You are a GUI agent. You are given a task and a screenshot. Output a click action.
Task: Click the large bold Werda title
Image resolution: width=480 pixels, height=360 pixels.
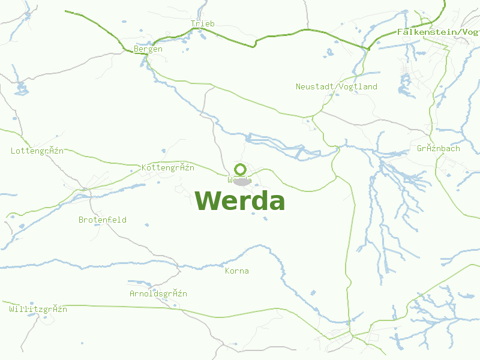point(240,201)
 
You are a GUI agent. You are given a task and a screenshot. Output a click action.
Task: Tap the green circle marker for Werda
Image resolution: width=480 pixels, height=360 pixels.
point(240,169)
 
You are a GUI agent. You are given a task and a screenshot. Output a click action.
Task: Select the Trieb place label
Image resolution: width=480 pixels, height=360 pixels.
point(202,24)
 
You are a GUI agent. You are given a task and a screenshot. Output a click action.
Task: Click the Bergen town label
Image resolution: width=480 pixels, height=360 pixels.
point(148,49)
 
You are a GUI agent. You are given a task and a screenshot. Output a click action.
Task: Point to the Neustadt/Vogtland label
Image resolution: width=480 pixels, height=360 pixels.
point(337,86)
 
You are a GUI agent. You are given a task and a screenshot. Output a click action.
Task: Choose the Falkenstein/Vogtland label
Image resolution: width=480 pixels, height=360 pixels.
point(438,32)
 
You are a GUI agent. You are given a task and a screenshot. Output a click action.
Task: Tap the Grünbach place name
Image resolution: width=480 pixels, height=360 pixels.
point(438,148)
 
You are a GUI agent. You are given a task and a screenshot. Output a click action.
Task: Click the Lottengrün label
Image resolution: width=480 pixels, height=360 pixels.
point(37,151)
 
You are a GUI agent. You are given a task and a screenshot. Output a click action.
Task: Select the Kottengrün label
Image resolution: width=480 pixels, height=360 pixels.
point(168,167)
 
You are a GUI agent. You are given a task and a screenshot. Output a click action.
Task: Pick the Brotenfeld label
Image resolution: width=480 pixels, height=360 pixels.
point(103,220)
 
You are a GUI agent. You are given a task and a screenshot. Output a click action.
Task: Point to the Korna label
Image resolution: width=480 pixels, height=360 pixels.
point(236,271)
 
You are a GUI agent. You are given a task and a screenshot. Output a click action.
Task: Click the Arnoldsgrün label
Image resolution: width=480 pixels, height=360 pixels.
point(158,293)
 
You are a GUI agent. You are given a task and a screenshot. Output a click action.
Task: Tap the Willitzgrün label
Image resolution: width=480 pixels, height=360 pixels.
point(38,309)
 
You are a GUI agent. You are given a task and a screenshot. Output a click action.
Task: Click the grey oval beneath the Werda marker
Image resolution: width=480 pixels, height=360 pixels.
point(241,181)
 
